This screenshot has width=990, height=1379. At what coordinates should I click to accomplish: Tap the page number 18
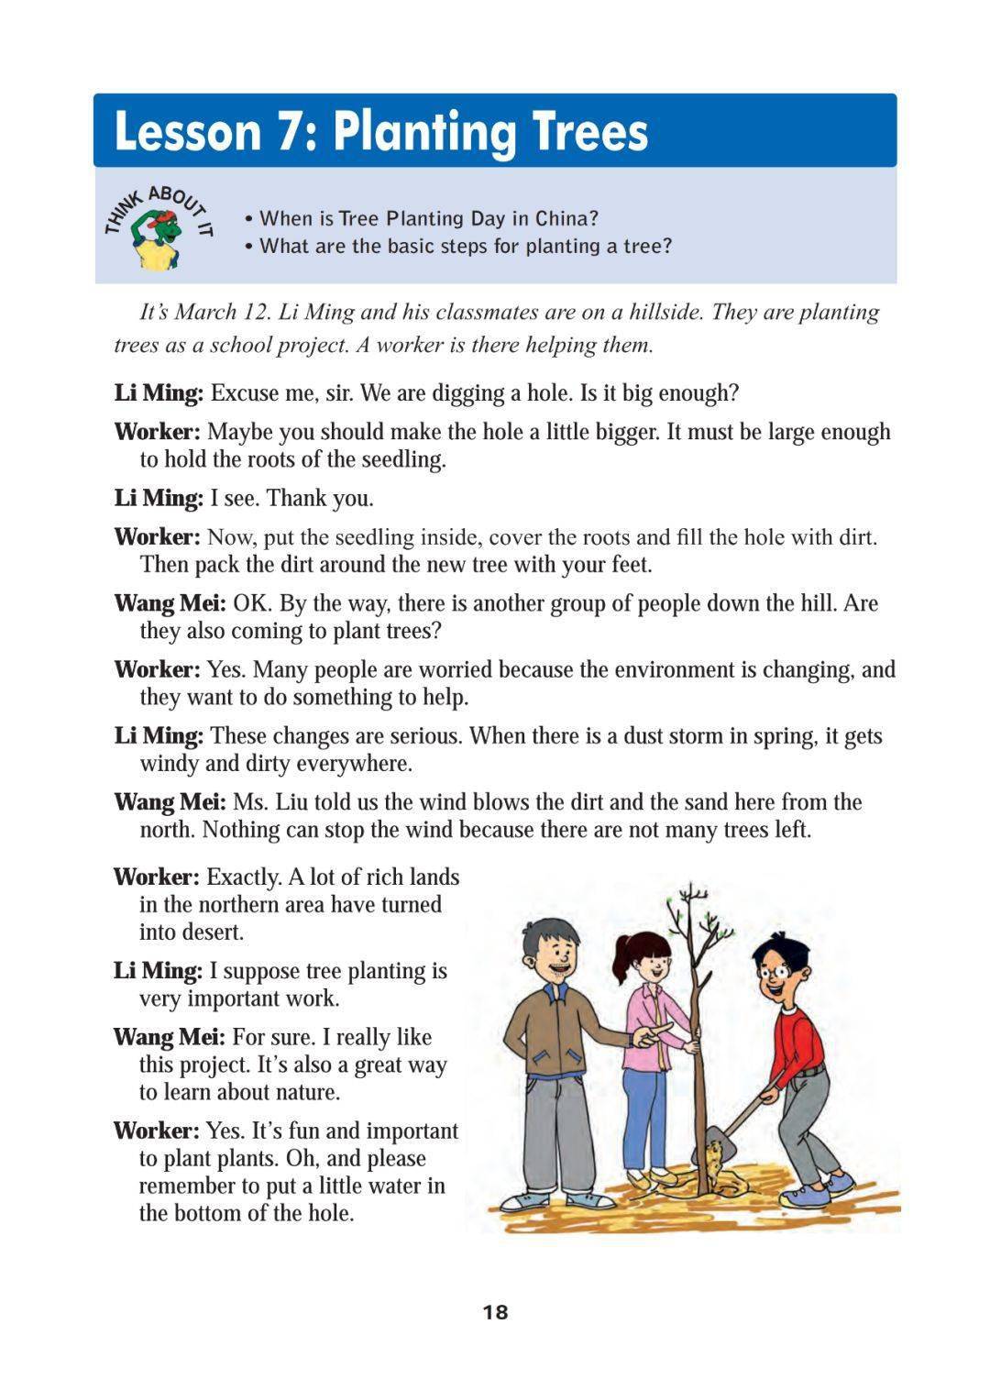point(495,1312)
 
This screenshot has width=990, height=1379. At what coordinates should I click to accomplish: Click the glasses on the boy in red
point(777,966)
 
